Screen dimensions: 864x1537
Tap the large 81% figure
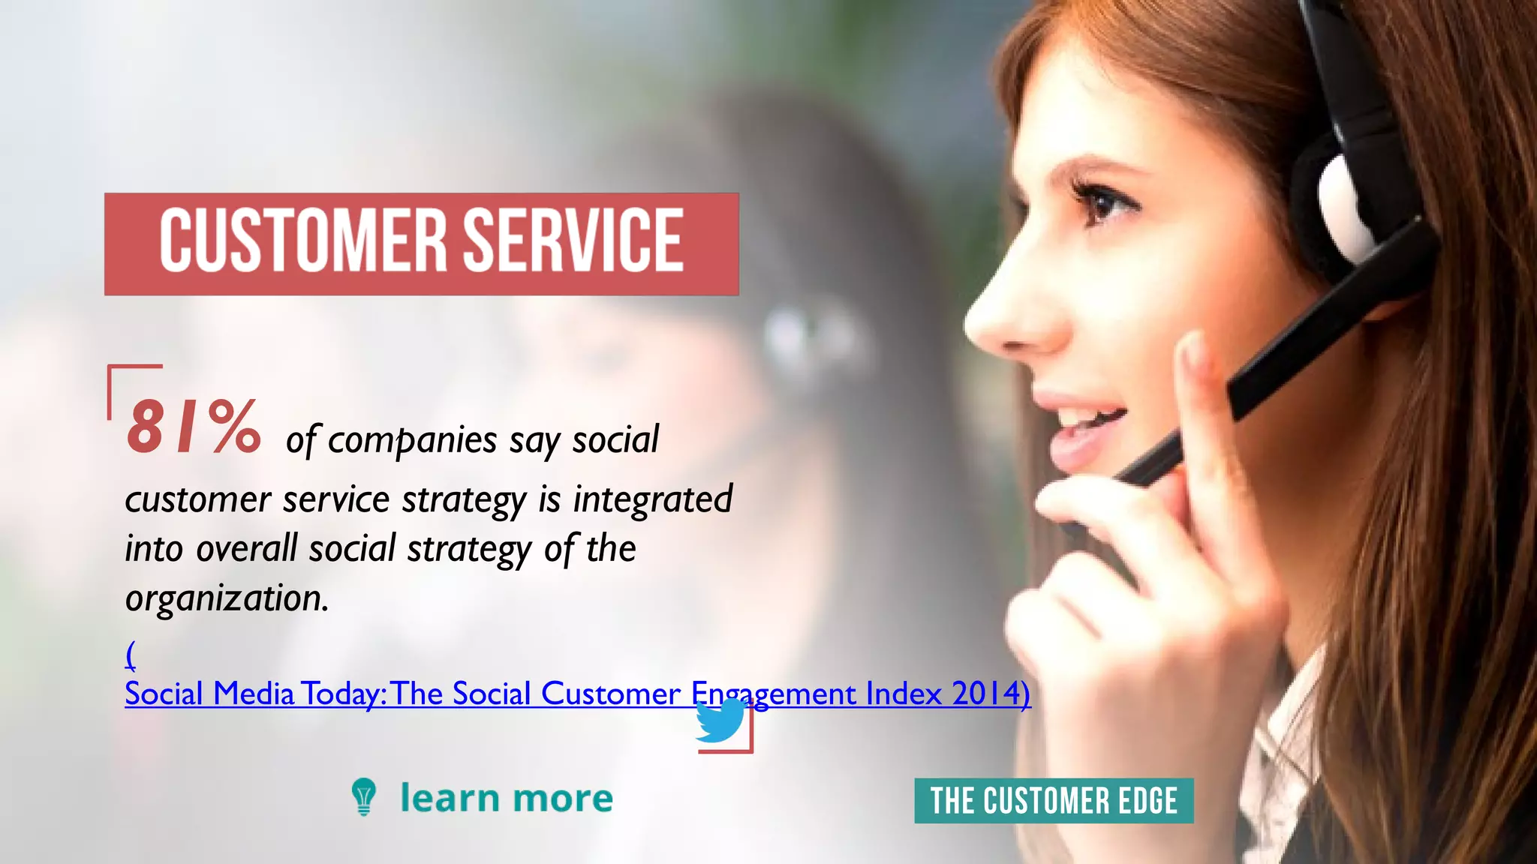point(194,427)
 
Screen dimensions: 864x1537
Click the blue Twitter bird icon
point(720,721)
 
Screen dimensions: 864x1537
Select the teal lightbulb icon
point(364,796)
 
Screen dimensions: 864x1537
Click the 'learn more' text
point(506,798)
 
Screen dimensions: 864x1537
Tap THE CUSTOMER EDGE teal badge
point(1053,801)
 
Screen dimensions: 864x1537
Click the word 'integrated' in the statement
point(653,499)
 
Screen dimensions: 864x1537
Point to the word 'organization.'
point(227,598)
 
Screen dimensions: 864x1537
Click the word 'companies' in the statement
point(413,440)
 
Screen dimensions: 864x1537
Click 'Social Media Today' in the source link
point(254,694)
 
